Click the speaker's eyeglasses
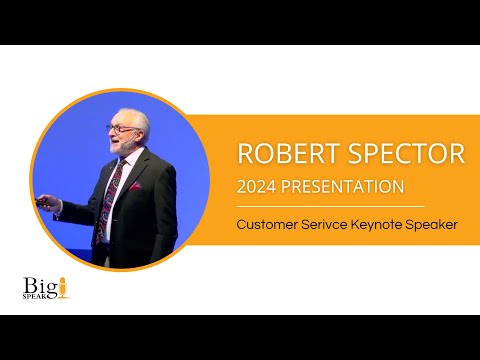point(122,128)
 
